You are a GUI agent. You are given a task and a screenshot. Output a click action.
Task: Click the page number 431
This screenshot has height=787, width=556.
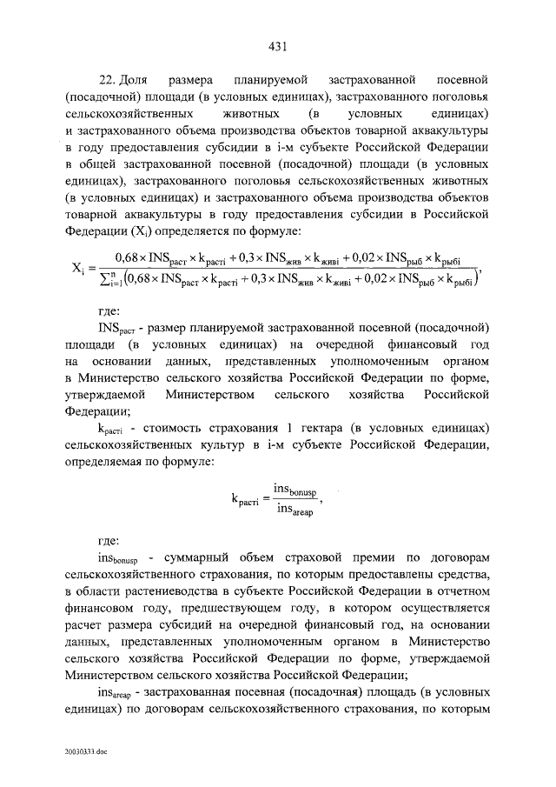pos(277,46)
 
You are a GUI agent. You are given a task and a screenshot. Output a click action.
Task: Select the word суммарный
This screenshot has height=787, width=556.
pos(195,555)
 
